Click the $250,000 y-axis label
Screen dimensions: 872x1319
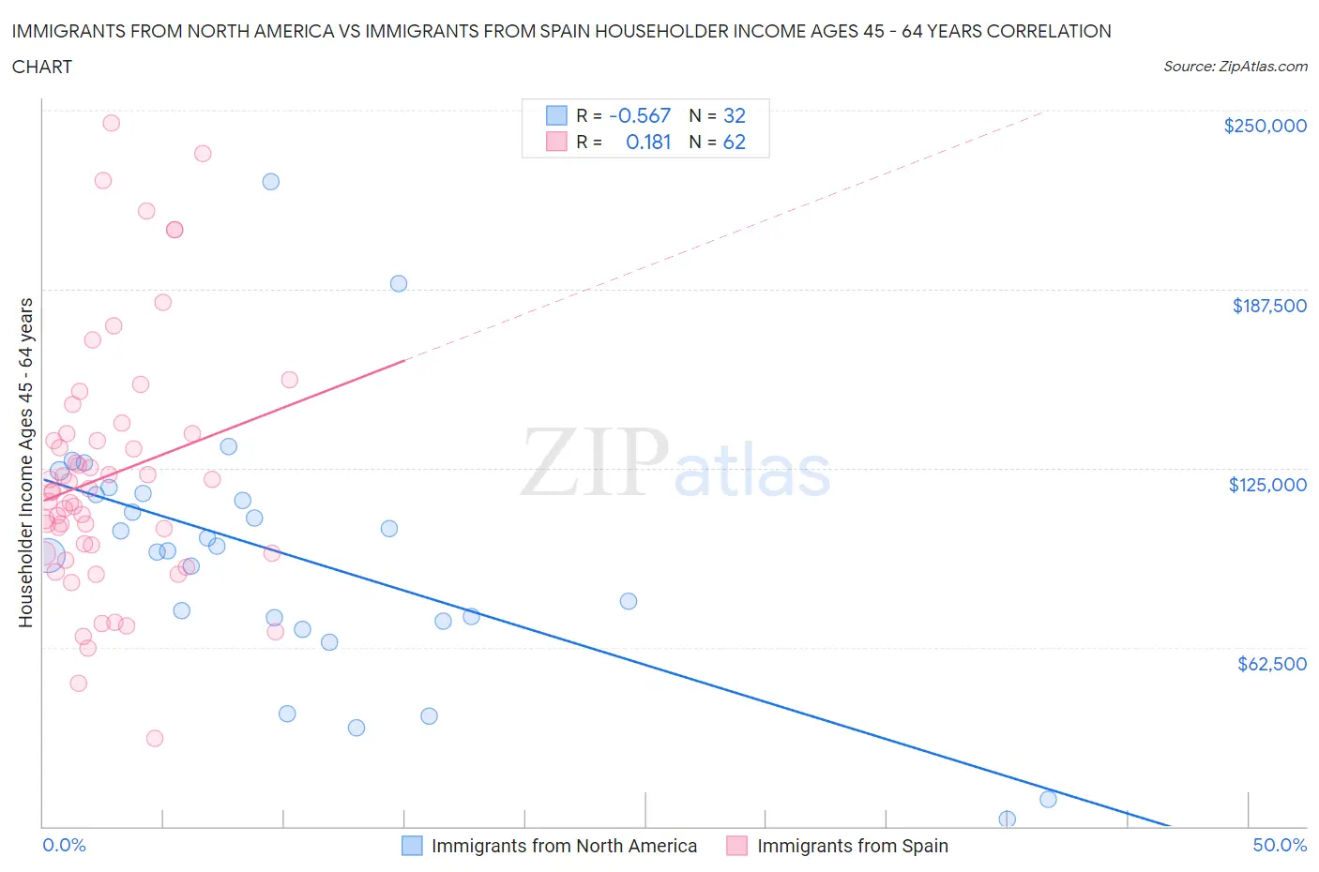pyautogui.click(x=1265, y=126)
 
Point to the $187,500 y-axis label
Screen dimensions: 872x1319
pyautogui.click(x=1268, y=306)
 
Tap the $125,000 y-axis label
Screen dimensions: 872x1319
pyautogui.click(x=1266, y=485)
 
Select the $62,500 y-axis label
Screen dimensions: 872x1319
pyautogui.click(x=1271, y=664)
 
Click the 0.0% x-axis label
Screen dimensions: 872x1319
pyautogui.click(x=64, y=845)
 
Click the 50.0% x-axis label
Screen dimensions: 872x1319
pyautogui.click(x=1279, y=845)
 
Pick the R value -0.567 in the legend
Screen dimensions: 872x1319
pyautogui.click(x=640, y=115)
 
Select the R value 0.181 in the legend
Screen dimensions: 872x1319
pyautogui.click(x=648, y=142)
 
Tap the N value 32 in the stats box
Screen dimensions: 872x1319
pyautogui.click(x=734, y=115)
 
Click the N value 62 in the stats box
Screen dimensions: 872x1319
pyautogui.click(x=734, y=142)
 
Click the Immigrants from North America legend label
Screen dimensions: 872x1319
pyautogui.click(x=564, y=846)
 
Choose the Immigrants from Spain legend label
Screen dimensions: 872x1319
pyautogui.click(x=852, y=846)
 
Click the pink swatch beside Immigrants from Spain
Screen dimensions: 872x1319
pyautogui.click(x=736, y=846)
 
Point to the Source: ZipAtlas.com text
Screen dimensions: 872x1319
pyautogui.click(x=1235, y=67)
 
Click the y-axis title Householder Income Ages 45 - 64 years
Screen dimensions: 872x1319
pyautogui.click(x=25, y=462)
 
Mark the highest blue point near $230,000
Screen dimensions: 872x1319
pyautogui.click(x=270, y=182)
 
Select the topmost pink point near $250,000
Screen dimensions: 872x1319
pyautogui.click(x=111, y=123)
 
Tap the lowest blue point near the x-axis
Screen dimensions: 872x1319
pyautogui.click(x=1007, y=819)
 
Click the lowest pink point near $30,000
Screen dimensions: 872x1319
pyautogui.click(x=155, y=738)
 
